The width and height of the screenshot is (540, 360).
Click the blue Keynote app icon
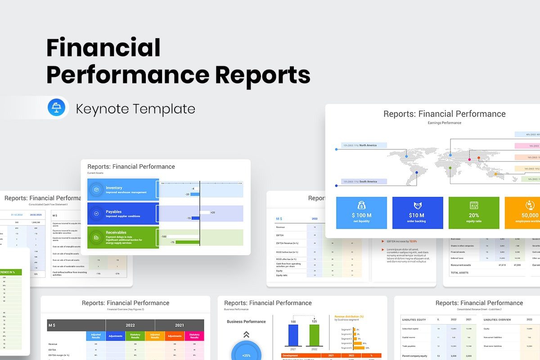coord(57,108)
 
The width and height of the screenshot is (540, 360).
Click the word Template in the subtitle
coord(167,109)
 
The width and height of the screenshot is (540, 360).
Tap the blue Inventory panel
coord(123,190)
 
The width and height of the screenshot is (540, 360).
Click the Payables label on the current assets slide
coord(113,211)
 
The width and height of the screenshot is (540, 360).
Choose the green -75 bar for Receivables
coord(187,242)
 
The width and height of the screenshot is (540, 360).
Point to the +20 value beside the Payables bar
coord(212,212)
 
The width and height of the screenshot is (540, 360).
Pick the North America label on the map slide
coord(368,145)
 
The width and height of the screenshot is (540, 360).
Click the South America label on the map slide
coord(368,181)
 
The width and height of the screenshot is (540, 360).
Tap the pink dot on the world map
coord(469,159)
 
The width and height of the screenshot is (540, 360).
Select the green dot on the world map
coord(450,168)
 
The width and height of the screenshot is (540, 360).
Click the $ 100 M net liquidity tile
coord(361,213)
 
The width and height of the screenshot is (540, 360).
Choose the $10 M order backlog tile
coord(417,213)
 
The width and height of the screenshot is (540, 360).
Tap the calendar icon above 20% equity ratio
coord(473,205)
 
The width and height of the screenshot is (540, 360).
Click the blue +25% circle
coord(246,353)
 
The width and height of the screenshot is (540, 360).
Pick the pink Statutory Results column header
coord(194,336)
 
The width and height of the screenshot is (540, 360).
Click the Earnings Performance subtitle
coord(444,123)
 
